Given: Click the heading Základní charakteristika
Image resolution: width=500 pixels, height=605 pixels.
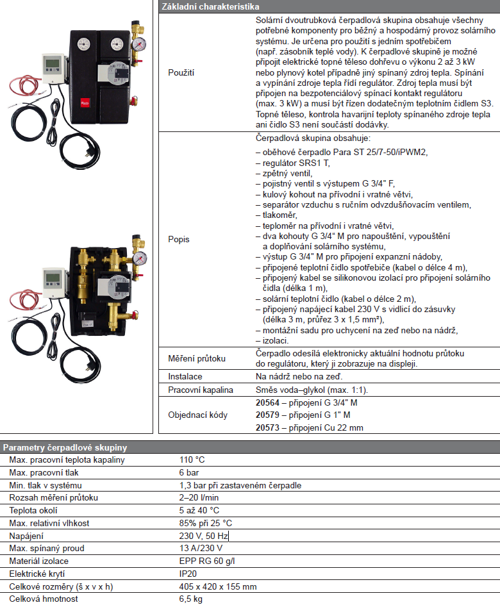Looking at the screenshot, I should (x=205, y=6).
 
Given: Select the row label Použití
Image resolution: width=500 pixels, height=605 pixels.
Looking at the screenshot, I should (x=181, y=74).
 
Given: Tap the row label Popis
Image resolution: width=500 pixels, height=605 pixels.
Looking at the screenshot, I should (x=178, y=239).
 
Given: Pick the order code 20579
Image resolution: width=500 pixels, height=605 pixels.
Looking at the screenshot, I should (x=267, y=415).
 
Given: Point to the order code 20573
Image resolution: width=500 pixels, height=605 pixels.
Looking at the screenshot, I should (x=267, y=427).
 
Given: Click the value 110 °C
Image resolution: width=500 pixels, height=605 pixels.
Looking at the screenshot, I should (x=192, y=460).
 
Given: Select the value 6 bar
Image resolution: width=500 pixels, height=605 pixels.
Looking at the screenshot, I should (x=190, y=472).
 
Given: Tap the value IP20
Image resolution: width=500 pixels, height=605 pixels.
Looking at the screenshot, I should (x=188, y=574).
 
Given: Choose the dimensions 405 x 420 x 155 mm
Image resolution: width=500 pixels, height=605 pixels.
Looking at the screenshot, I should (x=218, y=586).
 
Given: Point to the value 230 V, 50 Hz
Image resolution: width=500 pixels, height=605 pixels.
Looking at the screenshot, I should (x=204, y=536).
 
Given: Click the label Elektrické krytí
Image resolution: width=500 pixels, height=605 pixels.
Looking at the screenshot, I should (x=37, y=574).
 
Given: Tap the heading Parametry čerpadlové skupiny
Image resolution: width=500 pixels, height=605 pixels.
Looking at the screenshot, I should (x=65, y=447).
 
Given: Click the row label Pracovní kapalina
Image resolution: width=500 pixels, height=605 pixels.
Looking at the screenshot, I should (x=201, y=390).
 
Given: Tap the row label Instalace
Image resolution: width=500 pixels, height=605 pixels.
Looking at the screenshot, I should (x=185, y=377).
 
